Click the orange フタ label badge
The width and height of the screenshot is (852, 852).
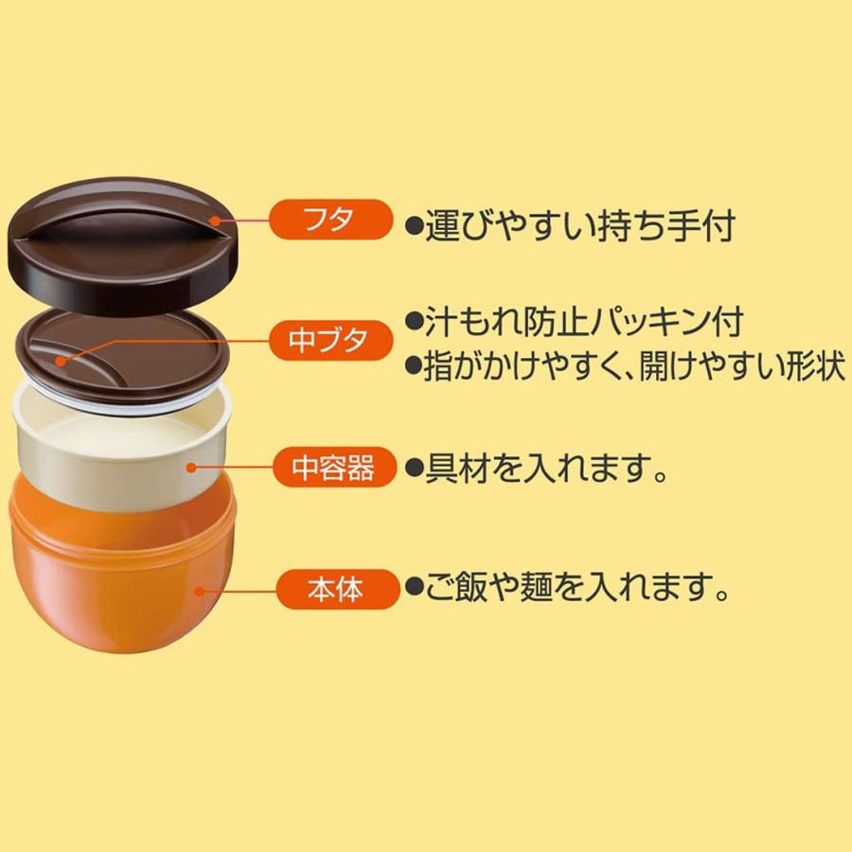(330, 220)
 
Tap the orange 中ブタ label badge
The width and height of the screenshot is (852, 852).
(330, 340)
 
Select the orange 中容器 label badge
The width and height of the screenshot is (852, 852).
(334, 467)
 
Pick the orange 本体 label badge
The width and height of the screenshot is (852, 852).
(338, 589)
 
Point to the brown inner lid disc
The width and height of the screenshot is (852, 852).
(123, 356)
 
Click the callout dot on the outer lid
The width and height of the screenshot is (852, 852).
(216, 221)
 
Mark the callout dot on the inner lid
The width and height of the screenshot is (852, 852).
(61, 362)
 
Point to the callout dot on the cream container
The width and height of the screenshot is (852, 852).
(190, 467)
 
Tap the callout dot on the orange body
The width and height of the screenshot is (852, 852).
(200, 591)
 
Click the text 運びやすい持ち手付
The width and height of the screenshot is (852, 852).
(579, 226)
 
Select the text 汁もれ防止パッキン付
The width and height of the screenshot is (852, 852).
(583, 323)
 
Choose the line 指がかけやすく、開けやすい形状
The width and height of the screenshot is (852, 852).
(634, 365)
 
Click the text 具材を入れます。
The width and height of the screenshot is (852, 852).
(545, 468)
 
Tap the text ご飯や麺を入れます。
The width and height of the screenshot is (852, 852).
(576, 587)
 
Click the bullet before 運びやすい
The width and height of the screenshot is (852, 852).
(415, 226)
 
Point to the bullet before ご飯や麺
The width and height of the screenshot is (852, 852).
(415, 587)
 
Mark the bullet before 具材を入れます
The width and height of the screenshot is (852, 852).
(415, 468)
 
